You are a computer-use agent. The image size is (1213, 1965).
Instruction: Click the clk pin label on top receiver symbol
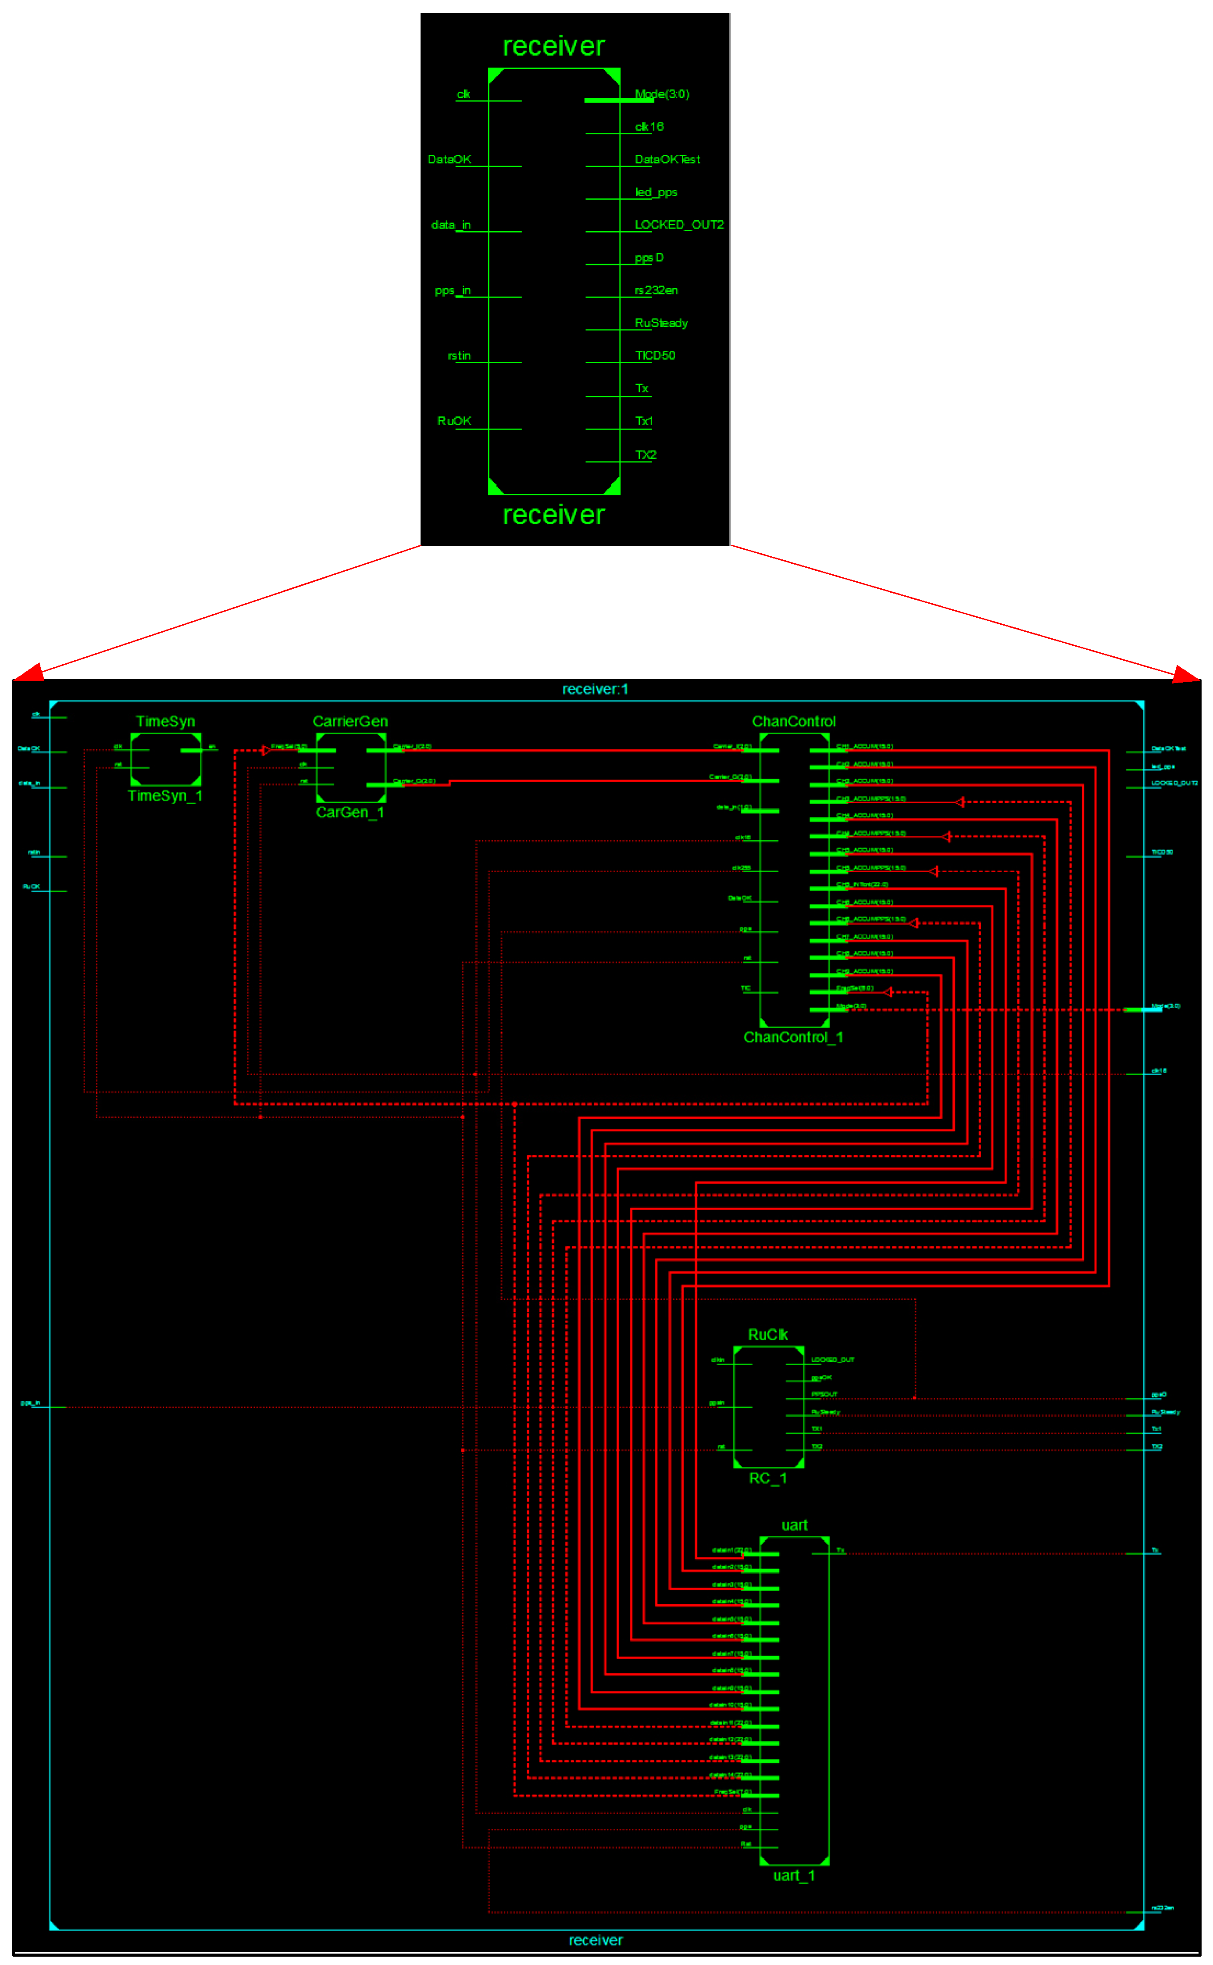463,94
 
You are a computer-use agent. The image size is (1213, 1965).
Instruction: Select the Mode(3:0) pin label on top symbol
662,94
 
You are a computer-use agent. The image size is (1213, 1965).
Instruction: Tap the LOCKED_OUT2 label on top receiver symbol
679,225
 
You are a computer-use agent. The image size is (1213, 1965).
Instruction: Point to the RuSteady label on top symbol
661,322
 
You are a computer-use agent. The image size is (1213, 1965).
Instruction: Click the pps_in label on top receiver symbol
453,290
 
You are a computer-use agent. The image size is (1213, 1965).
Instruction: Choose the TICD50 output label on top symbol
655,355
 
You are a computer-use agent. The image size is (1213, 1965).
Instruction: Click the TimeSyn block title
165,721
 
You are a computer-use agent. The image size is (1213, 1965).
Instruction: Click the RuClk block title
768,1334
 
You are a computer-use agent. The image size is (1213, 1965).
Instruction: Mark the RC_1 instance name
768,1478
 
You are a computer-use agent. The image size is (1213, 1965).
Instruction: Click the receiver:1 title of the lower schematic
595,689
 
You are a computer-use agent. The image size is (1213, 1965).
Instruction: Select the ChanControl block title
793,721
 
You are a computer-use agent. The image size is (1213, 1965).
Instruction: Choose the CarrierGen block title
350,721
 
